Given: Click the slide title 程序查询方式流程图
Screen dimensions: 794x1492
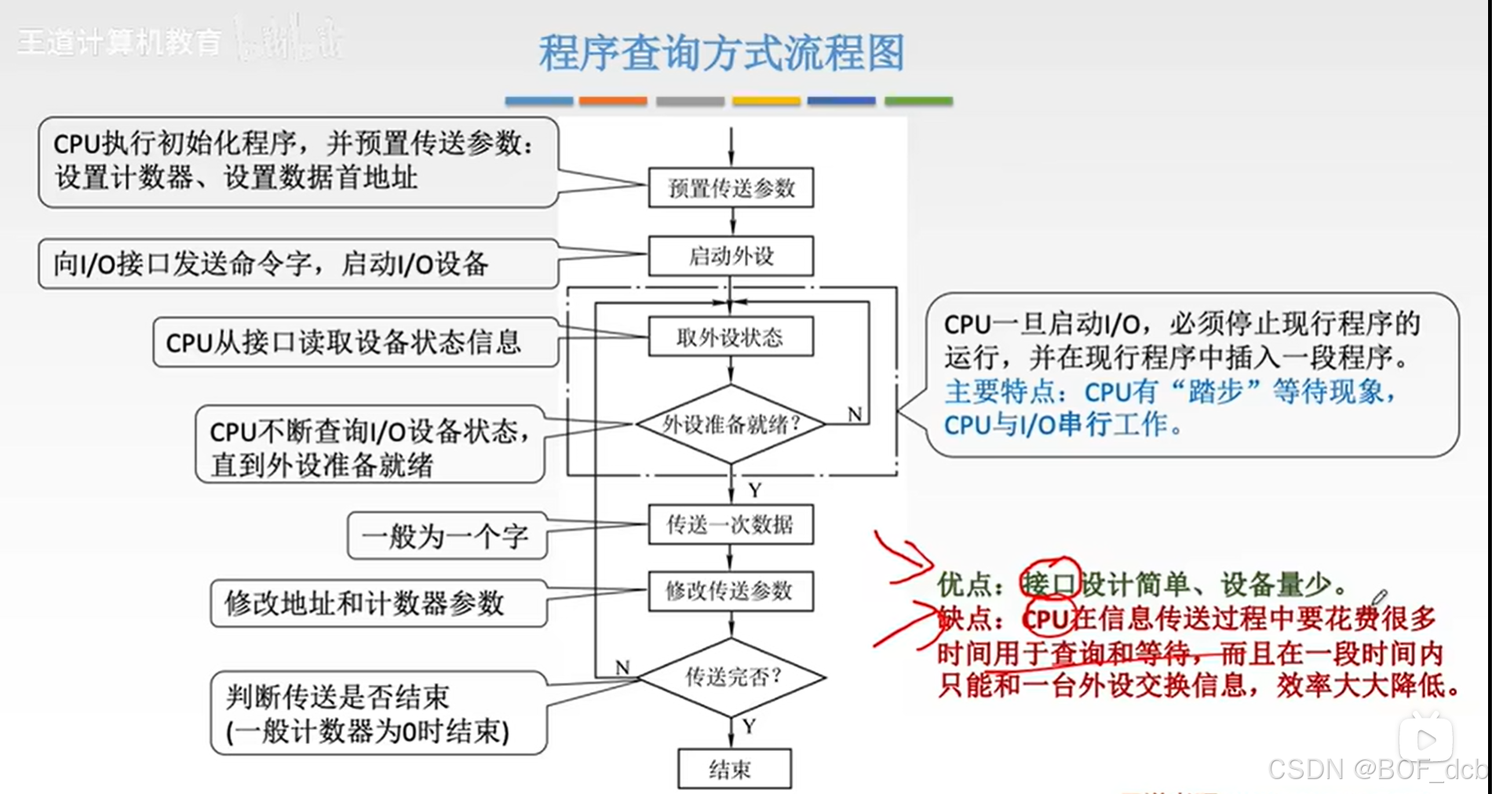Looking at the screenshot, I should point(721,53).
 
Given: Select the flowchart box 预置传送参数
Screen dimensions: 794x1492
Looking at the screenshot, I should point(731,188).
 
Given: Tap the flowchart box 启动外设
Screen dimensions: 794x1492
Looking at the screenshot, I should point(731,256).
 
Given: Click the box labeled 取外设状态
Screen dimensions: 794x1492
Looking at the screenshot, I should point(731,337).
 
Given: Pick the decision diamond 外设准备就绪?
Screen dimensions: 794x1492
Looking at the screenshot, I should point(731,424).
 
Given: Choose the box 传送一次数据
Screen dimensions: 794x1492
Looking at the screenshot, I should point(731,524).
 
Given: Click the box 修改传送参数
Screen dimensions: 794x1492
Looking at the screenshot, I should point(731,591).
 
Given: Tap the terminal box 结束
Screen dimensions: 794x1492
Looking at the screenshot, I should point(734,769).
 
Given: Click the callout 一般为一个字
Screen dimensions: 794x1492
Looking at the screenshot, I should point(446,537).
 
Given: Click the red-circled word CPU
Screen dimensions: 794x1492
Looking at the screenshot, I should point(1047,619).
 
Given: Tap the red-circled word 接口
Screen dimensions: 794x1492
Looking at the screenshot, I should point(1049,584).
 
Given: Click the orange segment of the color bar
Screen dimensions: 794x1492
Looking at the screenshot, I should point(613,101).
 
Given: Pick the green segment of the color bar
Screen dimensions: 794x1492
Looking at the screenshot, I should point(918,101).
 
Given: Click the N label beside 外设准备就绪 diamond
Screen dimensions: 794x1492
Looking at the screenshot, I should point(855,414).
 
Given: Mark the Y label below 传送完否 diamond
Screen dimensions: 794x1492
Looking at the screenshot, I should point(749,726).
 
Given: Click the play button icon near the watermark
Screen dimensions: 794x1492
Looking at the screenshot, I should point(1426,739).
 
